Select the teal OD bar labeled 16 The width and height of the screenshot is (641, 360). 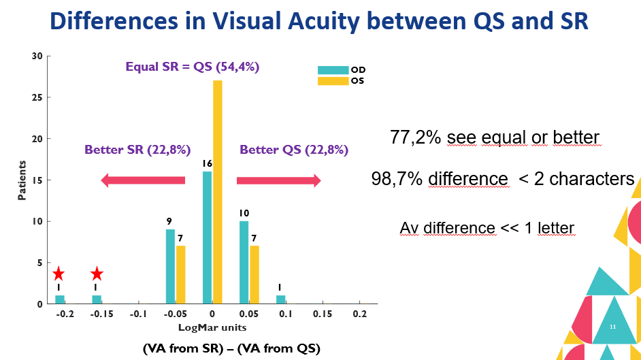pos(208,238)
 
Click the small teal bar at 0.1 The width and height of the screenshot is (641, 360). pos(281,299)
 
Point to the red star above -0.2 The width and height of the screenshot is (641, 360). pos(59,274)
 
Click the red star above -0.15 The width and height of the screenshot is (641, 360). pos(97,274)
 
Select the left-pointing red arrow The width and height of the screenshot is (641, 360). pos(143,180)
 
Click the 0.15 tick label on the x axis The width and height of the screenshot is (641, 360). pos(323,314)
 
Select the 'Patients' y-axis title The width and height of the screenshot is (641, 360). pos(22,180)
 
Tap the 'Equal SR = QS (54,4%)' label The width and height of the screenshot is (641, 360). pos(193,67)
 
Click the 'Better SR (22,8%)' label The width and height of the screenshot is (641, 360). pos(137,150)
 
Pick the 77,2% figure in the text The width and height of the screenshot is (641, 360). pos(412,138)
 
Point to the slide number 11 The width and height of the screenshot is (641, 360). pos(612,328)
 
